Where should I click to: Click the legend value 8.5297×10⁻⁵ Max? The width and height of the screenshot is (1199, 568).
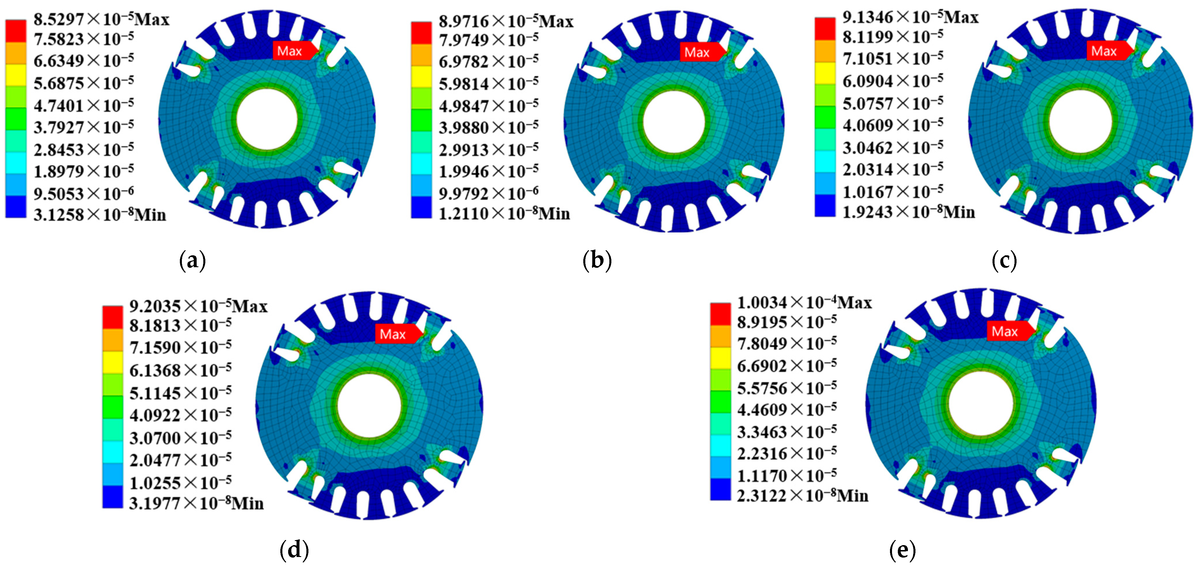coord(101,19)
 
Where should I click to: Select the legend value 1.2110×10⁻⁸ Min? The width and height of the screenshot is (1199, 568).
coord(505,213)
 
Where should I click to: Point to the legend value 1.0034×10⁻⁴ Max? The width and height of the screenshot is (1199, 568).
coord(804,303)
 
